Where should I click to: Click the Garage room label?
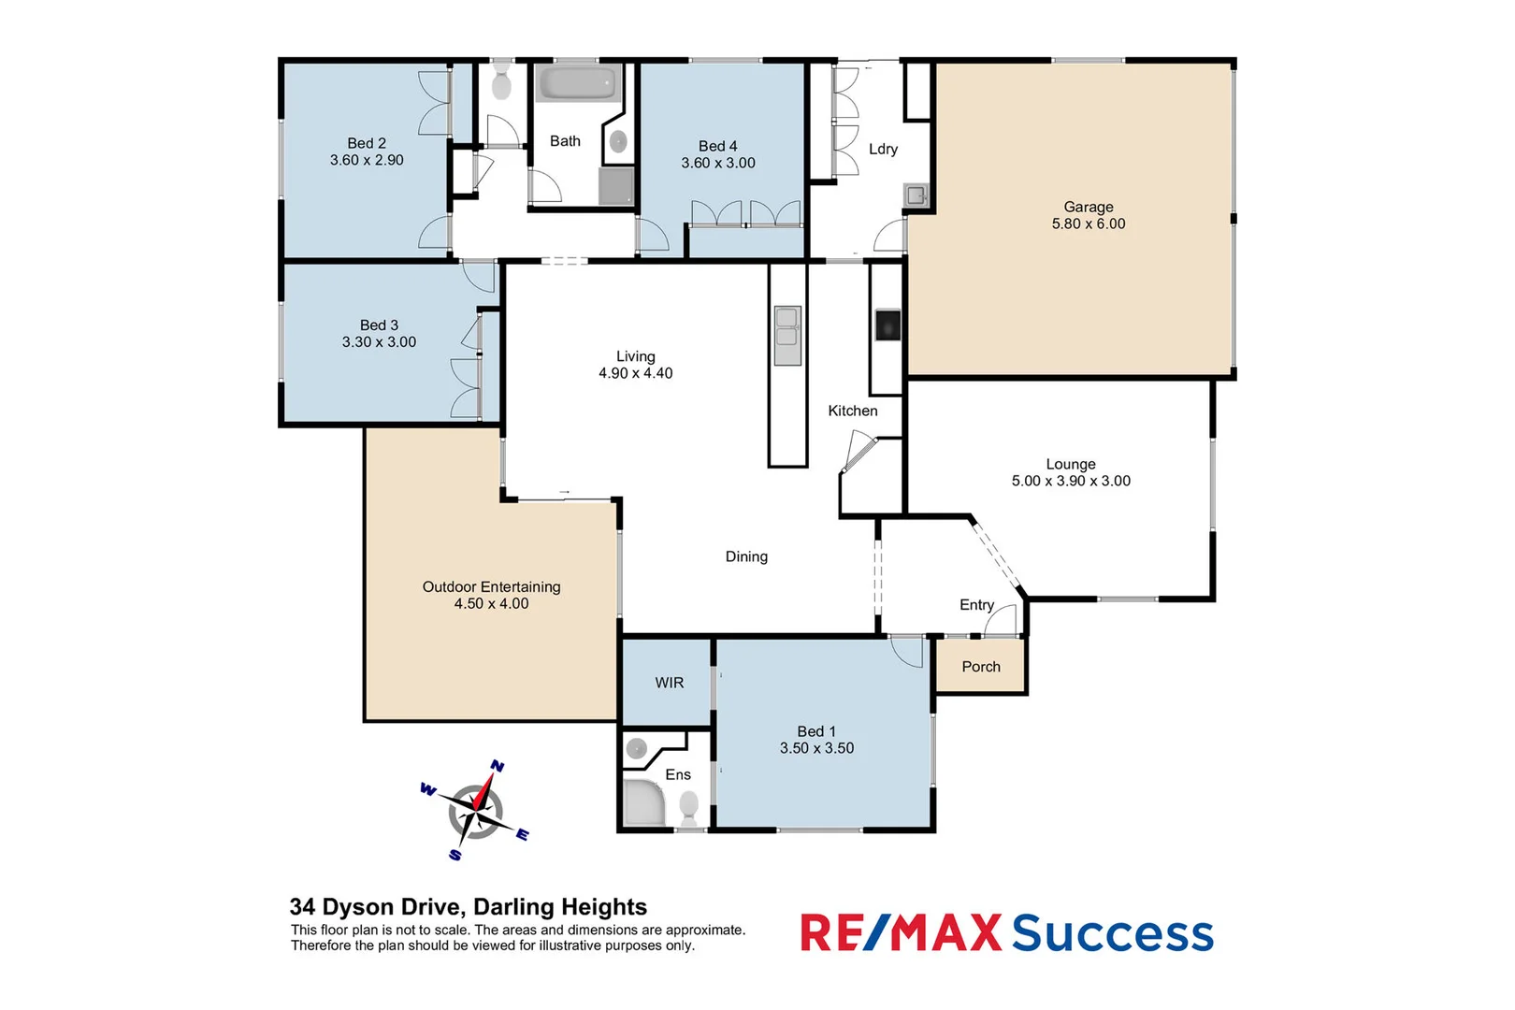click(1088, 207)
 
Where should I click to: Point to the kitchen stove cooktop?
click(887, 325)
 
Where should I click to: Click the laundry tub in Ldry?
click(916, 195)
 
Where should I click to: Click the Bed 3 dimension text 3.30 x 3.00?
click(379, 342)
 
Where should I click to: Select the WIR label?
click(669, 683)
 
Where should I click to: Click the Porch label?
click(980, 667)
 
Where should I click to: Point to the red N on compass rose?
click(498, 767)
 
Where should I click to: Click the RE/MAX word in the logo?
click(900, 933)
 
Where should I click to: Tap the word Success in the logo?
click(1112, 933)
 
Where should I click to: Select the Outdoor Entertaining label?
click(491, 586)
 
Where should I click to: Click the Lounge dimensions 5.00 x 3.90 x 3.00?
click(1070, 481)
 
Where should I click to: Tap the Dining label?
click(746, 556)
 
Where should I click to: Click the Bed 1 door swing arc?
click(904, 651)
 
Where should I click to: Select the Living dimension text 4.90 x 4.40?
click(635, 373)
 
